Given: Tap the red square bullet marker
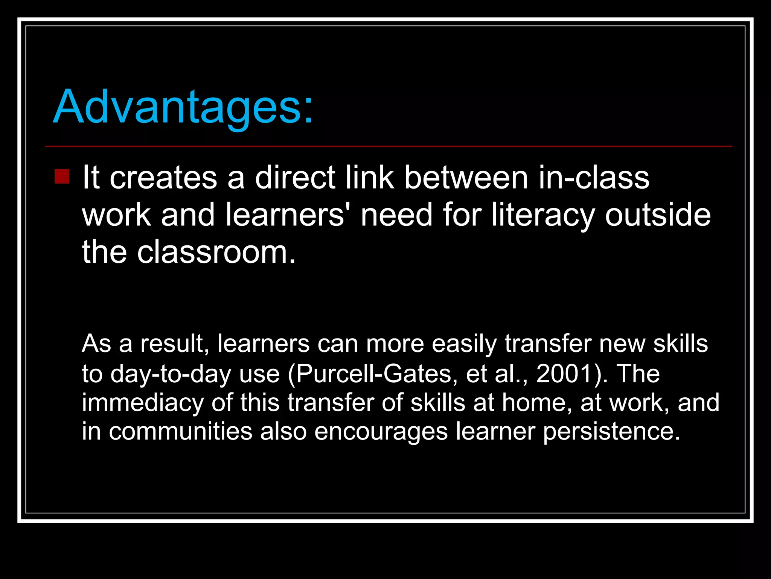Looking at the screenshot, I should tap(62, 176).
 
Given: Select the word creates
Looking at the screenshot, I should tap(163, 178).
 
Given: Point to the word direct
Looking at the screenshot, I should tap(295, 178).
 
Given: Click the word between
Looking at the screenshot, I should tap(466, 178).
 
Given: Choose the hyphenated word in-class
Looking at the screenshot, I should tap(594, 178).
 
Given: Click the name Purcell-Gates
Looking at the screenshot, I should tap(374, 374).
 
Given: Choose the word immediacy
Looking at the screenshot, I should tap(143, 403).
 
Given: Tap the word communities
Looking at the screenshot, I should tap(180, 431).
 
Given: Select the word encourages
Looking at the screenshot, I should tap(381, 431).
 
